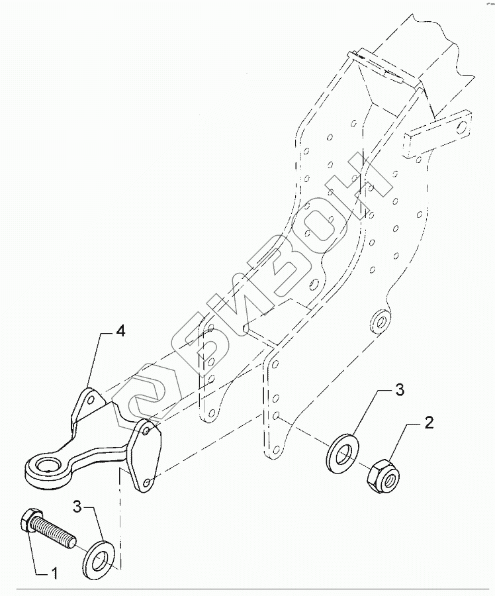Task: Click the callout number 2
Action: point(429,423)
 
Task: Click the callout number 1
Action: point(56,573)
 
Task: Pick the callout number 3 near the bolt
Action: point(77,508)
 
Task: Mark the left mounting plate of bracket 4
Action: point(88,405)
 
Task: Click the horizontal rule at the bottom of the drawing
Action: point(247,588)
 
